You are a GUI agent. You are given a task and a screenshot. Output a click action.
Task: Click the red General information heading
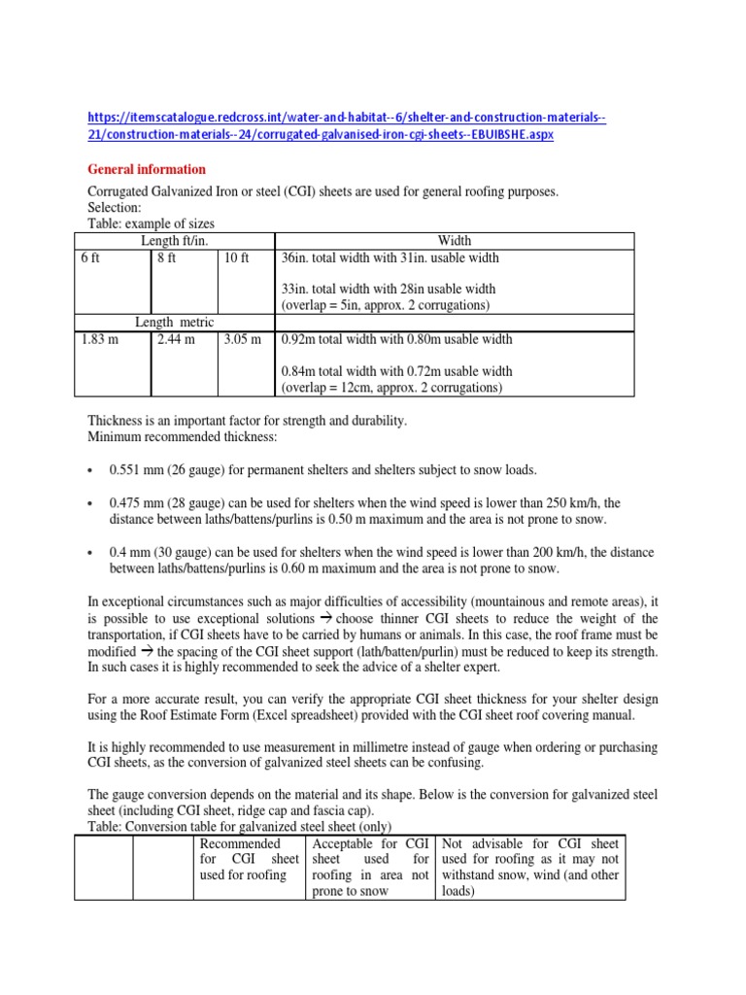click(x=147, y=169)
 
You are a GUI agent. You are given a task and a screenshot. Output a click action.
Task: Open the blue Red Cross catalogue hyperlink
click(x=347, y=126)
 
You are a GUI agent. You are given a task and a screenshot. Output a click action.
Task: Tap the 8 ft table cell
click(x=166, y=257)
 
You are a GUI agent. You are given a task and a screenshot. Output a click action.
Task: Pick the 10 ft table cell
click(x=236, y=257)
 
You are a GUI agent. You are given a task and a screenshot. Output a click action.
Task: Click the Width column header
click(x=454, y=240)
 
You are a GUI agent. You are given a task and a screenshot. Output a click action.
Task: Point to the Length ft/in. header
click(x=175, y=240)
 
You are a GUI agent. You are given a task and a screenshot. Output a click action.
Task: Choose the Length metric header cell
click(x=174, y=322)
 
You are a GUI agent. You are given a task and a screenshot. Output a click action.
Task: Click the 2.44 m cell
click(x=176, y=340)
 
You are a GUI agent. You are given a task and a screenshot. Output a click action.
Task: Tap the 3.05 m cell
click(x=243, y=340)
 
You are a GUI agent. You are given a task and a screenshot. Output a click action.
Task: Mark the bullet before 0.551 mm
click(x=89, y=471)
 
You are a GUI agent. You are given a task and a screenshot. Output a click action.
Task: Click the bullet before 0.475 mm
click(x=89, y=503)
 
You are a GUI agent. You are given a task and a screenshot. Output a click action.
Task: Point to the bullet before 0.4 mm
click(x=89, y=552)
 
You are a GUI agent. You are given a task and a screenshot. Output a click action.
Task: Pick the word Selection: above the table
click(x=115, y=208)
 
